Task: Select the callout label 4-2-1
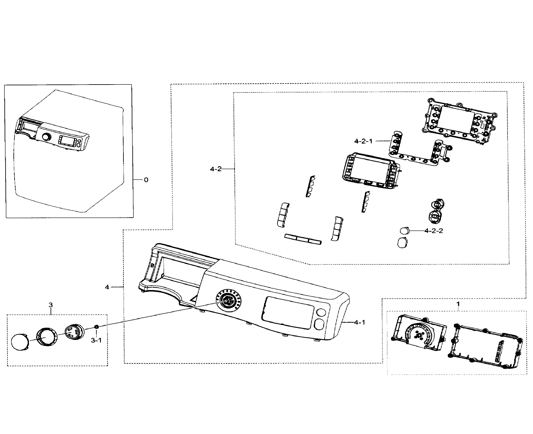click(x=363, y=141)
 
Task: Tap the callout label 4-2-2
click(x=434, y=231)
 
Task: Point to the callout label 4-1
click(x=360, y=323)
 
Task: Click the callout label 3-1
click(x=96, y=340)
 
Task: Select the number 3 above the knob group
click(x=51, y=305)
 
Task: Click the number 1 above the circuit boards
click(x=458, y=304)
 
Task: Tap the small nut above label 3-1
click(x=96, y=327)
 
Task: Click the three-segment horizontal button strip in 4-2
click(x=303, y=239)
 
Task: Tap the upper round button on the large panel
click(x=321, y=312)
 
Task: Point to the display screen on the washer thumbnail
click(x=67, y=140)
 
